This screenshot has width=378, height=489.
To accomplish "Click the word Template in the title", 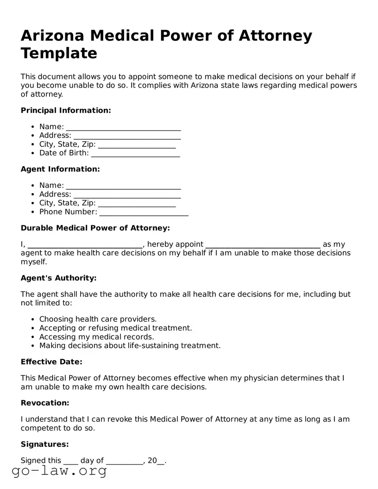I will pos(59,54).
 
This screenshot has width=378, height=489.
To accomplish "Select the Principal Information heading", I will pos(66,111).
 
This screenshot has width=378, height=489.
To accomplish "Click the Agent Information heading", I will pos(60,169).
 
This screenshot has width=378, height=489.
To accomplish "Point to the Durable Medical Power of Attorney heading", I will pos(95,228).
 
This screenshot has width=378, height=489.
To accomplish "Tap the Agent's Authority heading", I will pos(59,278).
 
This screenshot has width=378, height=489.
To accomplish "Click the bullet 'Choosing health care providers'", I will pos(98,319).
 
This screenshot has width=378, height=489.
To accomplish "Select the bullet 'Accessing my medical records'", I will pos(97,337).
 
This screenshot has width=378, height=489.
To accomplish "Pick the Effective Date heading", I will pos(51,362).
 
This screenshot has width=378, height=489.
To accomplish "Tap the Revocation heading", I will pos(45,403).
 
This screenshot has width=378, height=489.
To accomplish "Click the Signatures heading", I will pos(45,444).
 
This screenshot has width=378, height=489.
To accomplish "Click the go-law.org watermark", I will pos(59,471).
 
